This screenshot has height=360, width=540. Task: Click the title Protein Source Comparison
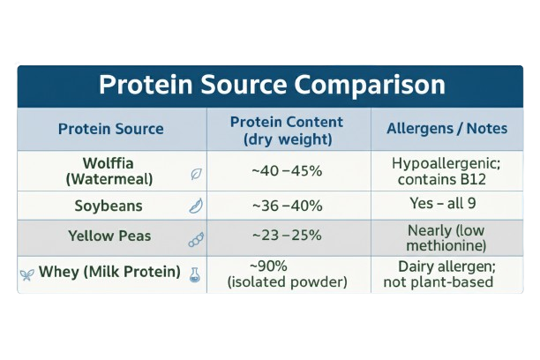pyautogui.click(x=272, y=85)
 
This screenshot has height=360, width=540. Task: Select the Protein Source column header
pyautogui.click(x=111, y=129)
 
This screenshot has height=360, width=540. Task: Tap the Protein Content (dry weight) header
pyautogui.click(x=287, y=131)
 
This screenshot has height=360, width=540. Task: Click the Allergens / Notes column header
pyautogui.click(x=447, y=129)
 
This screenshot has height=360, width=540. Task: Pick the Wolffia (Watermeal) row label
pyautogui.click(x=109, y=171)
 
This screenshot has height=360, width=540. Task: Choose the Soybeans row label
pyautogui.click(x=109, y=206)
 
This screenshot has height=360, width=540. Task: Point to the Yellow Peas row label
pyautogui.click(x=109, y=236)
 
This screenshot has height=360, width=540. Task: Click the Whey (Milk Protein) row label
pyautogui.click(x=109, y=272)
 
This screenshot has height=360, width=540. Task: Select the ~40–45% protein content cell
pyautogui.click(x=287, y=171)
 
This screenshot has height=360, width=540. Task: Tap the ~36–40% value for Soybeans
pyautogui.click(x=288, y=206)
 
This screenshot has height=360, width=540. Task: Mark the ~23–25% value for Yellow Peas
pyautogui.click(x=287, y=236)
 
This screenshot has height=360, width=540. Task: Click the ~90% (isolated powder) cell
pyautogui.click(x=287, y=274)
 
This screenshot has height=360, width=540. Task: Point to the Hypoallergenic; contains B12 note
pyautogui.click(x=446, y=171)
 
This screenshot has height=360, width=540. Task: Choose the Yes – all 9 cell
pyautogui.click(x=443, y=203)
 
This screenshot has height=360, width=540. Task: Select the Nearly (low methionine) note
pyautogui.click(x=446, y=238)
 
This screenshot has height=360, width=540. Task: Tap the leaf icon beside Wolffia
pyautogui.click(x=196, y=174)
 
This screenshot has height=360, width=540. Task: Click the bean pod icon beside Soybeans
pyautogui.click(x=196, y=206)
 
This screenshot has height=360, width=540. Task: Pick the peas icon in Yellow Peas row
pyautogui.click(x=196, y=240)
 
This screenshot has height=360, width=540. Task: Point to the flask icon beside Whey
pyautogui.click(x=195, y=275)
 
